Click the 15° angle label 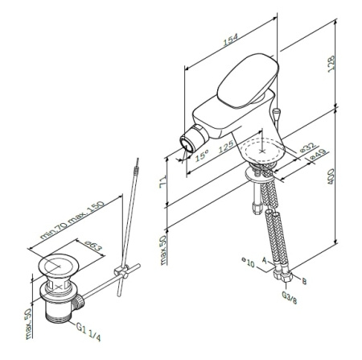coord(202,154)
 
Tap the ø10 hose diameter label coord(249,263)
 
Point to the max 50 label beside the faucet coord(163,250)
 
